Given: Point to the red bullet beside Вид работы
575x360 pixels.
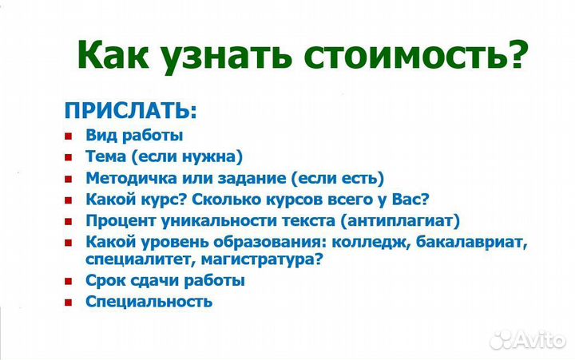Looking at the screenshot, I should click(69, 136).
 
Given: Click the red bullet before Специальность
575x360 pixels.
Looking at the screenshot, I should click(69, 302).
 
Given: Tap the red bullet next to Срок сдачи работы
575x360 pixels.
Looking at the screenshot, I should click(69, 281).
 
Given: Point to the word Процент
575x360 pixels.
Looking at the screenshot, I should click(117, 219).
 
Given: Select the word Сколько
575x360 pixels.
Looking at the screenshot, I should click(244, 198).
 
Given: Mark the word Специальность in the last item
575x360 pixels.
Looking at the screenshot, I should click(149, 302).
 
